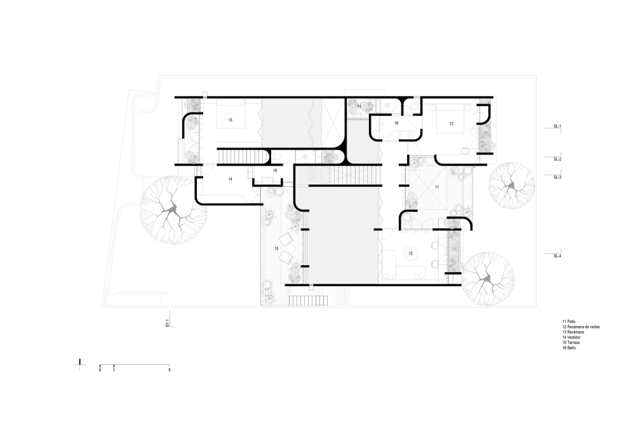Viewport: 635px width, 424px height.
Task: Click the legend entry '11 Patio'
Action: coord(568,322)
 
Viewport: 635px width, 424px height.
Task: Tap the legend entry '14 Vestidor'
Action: coord(571,338)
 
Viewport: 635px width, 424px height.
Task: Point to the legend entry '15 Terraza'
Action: coord(571,343)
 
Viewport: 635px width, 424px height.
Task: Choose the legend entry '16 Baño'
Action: coord(568,348)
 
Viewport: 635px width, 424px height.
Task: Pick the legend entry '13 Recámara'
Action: coord(573,332)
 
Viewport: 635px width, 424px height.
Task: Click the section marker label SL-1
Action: coord(558,127)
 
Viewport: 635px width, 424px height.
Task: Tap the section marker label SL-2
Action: coord(558,160)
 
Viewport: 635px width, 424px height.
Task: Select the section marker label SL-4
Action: coord(558,256)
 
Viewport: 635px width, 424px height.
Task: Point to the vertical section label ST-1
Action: coord(167,323)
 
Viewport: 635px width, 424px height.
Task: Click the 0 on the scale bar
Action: coord(100,370)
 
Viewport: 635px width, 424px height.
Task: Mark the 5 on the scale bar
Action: coord(170,370)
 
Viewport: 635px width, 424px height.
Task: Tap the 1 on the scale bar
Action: coord(114,370)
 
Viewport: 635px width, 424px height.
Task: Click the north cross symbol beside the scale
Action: coord(80,364)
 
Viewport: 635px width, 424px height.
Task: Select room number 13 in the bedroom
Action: coord(230,120)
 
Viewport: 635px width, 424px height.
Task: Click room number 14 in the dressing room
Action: coord(230,179)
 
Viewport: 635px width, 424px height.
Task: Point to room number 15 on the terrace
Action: coord(277,249)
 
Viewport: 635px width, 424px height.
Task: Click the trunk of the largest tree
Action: coord(173,209)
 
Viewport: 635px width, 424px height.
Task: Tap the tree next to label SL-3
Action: coord(511,186)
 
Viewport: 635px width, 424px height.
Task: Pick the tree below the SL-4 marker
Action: coord(488,278)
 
